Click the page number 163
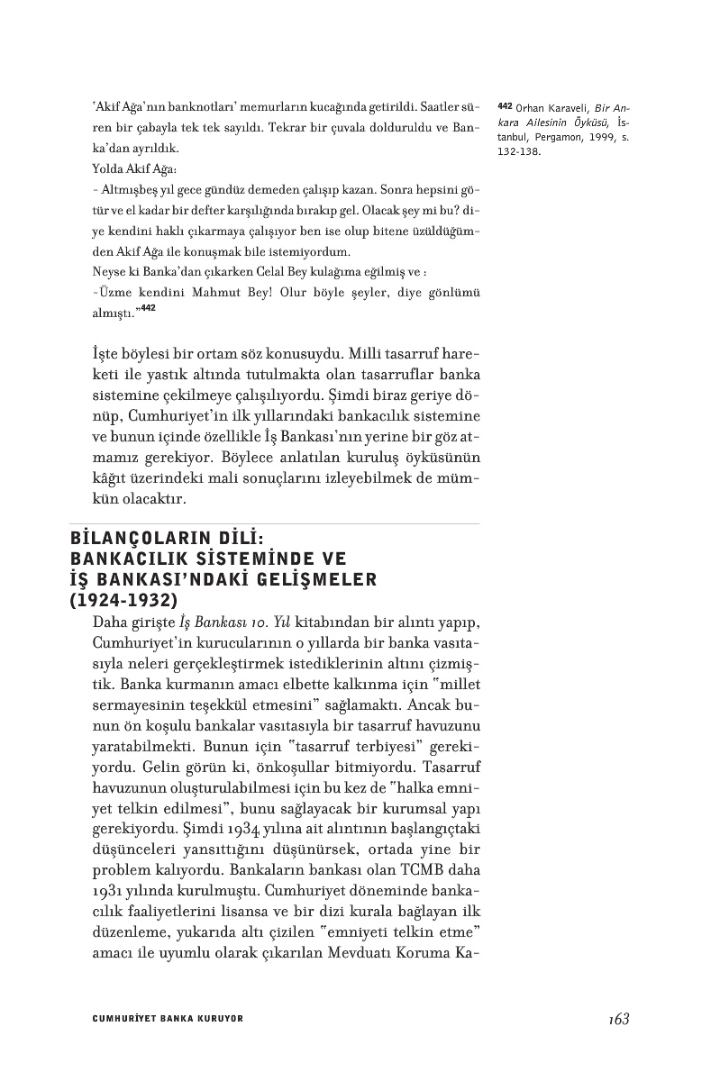point(618,1019)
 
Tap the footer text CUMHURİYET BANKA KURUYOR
point(168,1020)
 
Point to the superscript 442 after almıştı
point(149,307)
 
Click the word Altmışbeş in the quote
point(125,192)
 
